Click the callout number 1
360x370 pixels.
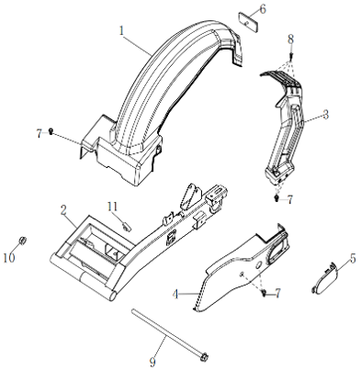pyautogui.click(x=122, y=31)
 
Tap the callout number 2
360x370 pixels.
pyautogui.click(x=63, y=210)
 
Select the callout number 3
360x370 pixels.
pyautogui.click(x=326, y=115)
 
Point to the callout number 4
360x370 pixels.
pyautogui.click(x=175, y=295)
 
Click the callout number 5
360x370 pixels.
pyautogui.click(x=353, y=259)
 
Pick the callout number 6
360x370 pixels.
pyautogui.click(x=263, y=9)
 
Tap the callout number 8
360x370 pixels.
pyautogui.click(x=290, y=39)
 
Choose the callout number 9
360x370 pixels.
pyautogui.click(x=152, y=363)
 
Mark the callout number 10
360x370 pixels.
pyautogui.click(x=9, y=258)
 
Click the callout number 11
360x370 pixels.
pyautogui.click(x=113, y=207)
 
